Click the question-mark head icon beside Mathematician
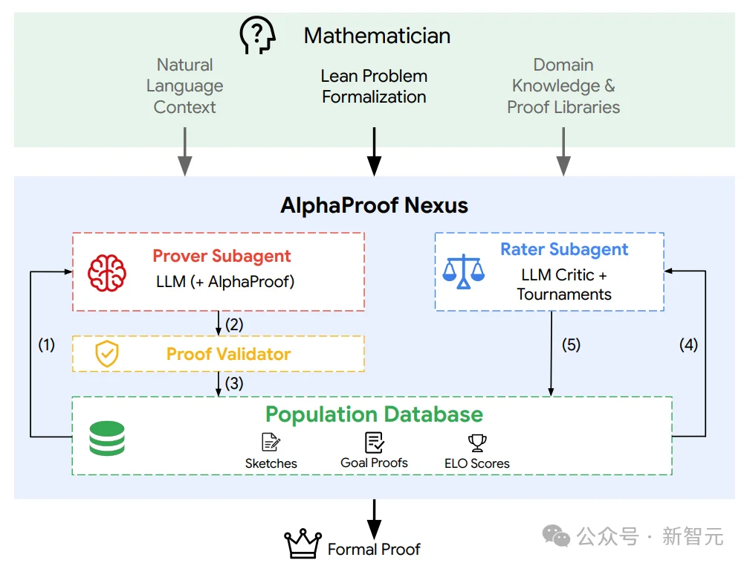[x=257, y=35]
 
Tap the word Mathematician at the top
[x=377, y=36]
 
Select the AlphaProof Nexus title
[x=374, y=205]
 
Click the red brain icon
[x=107, y=273]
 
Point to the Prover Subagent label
[x=221, y=256]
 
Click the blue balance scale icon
[x=463, y=271]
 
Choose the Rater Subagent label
[x=564, y=249]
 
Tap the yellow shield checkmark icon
[x=107, y=354]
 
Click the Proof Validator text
[x=228, y=354]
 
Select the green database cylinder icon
[x=107, y=438]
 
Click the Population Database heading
[x=374, y=414]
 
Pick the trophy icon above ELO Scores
[x=477, y=443]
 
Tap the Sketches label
[x=271, y=463]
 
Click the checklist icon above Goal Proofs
[x=375, y=443]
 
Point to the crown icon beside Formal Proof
[x=303, y=544]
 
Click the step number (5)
[x=571, y=345]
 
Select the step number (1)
[x=47, y=345]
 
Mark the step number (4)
[x=688, y=345]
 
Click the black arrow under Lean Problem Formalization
[x=374, y=152]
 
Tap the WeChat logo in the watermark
[x=556, y=536]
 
